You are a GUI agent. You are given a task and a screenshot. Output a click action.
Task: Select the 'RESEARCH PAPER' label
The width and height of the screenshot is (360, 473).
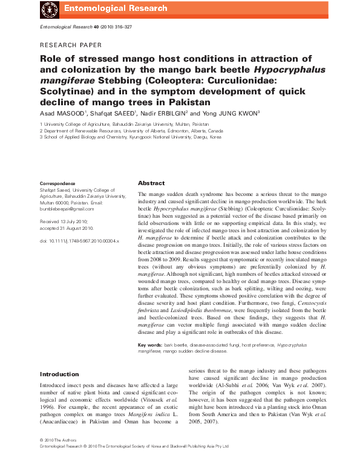pyautogui.click(x=71, y=45)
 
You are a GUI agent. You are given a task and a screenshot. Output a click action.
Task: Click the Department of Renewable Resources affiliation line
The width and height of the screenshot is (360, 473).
pyautogui.click(x=131, y=130)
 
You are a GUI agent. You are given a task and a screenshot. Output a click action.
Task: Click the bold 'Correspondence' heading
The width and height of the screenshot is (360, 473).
pyautogui.click(x=57, y=183)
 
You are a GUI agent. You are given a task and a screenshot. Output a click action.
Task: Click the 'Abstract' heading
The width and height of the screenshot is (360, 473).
pyautogui.click(x=151, y=183)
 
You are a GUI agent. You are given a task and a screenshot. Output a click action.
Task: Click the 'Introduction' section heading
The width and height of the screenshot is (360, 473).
pyautogui.click(x=59, y=374)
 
